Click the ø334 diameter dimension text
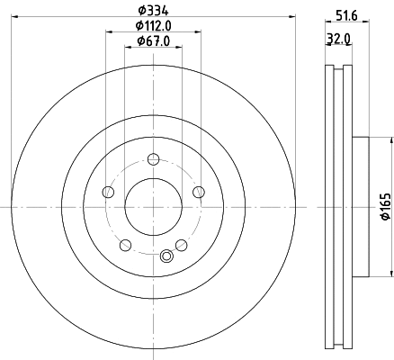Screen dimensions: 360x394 (x=153, y=10)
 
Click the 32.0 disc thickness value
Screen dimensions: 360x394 (x=340, y=40)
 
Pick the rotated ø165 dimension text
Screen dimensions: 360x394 (x=384, y=207)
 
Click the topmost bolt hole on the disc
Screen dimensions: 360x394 (x=153, y=160)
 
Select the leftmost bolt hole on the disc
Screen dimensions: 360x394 (x=109, y=192)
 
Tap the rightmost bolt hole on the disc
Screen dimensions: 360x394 (x=197, y=192)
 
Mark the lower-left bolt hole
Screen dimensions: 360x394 (x=126, y=245)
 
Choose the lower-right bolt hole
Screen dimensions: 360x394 (x=181, y=245)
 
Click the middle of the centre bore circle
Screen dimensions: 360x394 (x=153, y=207)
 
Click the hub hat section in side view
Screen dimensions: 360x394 (x=360, y=207)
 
